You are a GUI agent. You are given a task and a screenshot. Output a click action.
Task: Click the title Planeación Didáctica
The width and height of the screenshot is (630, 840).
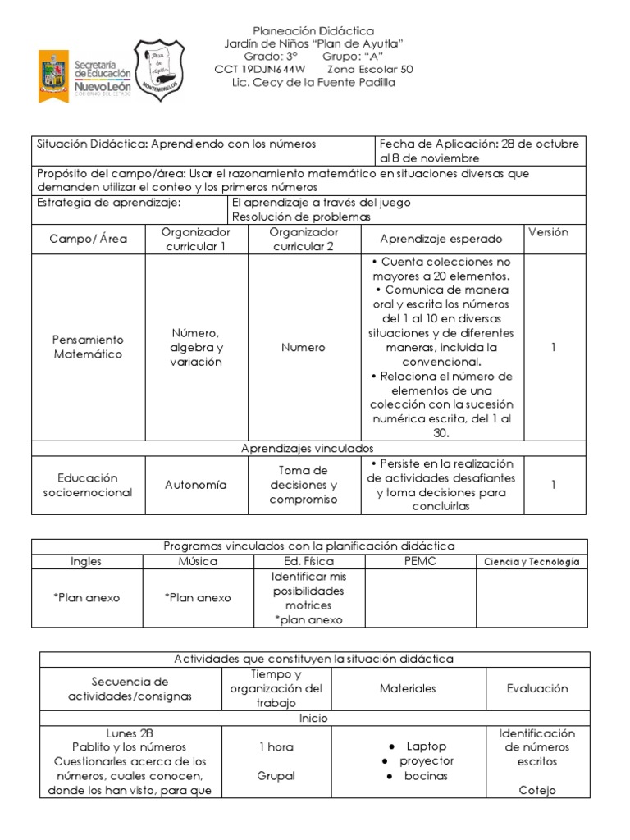point(314,30)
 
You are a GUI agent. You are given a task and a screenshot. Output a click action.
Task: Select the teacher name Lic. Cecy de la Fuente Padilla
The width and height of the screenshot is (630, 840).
point(314,83)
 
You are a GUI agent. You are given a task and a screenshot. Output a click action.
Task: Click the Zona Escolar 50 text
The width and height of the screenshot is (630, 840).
point(375,70)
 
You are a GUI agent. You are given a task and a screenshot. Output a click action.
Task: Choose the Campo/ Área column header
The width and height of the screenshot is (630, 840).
point(88,240)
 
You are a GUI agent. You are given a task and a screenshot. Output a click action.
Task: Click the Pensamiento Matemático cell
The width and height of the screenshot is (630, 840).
point(88,347)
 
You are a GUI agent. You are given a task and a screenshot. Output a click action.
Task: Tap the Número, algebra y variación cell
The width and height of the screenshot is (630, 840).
point(196,347)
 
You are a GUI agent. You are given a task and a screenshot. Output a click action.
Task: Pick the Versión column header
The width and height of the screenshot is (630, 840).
point(554,232)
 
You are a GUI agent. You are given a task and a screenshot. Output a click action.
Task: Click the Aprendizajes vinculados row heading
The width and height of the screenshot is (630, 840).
point(308,448)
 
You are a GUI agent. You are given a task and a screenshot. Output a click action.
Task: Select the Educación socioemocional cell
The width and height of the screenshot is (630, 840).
point(88,485)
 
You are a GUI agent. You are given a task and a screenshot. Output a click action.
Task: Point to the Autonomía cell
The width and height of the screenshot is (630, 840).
point(196,485)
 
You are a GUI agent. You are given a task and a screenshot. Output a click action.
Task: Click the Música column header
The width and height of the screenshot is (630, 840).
point(198,561)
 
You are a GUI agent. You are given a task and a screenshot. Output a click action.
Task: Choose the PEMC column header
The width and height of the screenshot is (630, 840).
point(420,561)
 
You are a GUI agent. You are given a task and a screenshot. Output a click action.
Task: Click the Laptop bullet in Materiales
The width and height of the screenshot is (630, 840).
point(427,746)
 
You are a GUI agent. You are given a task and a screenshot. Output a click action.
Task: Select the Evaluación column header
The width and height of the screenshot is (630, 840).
point(537,688)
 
